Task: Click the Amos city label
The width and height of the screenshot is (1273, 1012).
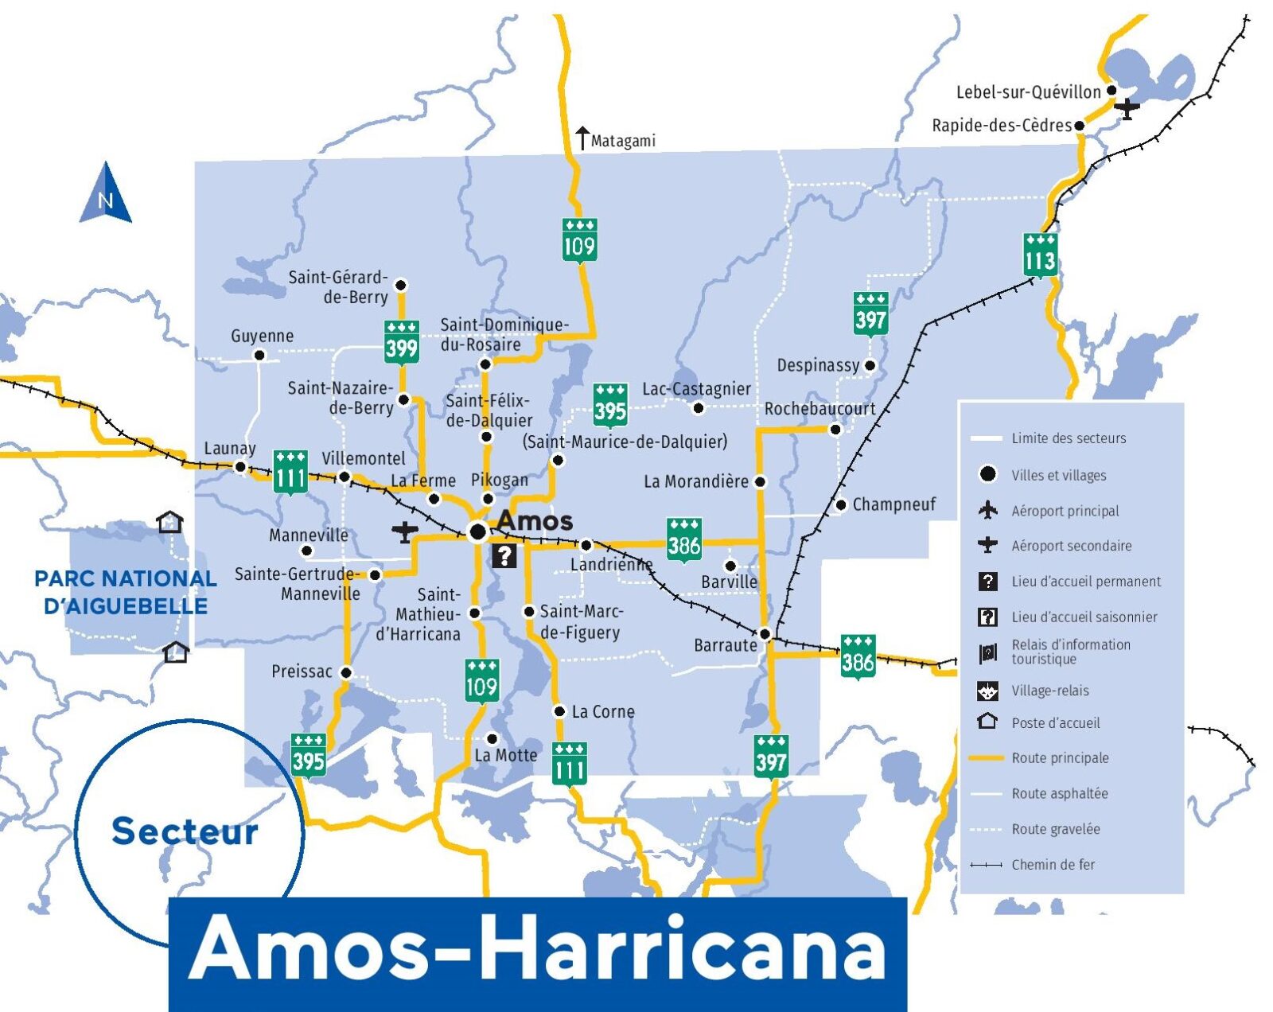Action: (x=535, y=521)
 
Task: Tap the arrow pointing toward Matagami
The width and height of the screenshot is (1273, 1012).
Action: (x=582, y=138)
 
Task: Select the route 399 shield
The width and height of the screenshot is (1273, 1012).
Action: (x=402, y=343)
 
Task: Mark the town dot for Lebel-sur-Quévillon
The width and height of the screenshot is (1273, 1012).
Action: (x=1111, y=91)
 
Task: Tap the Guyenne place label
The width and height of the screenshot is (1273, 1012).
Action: (x=262, y=336)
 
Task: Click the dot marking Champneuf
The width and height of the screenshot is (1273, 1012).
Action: (x=840, y=504)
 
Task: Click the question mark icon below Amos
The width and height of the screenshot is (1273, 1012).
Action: (x=504, y=555)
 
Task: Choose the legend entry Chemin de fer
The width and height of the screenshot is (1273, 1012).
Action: (x=1053, y=865)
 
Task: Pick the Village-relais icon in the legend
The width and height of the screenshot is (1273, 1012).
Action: (x=987, y=691)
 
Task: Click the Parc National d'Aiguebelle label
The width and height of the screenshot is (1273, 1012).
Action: (x=126, y=592)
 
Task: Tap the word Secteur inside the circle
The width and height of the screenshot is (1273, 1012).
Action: (x=185, y=831)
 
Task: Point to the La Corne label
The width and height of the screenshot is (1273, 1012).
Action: (x=603, y=712)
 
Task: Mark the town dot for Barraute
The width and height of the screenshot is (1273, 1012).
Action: (x=765, y=634)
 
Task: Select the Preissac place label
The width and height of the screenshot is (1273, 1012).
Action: (x=302, y=671)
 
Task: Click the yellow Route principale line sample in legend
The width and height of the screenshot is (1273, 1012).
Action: (x=987, y=758)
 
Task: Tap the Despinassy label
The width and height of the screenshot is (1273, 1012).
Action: (x=818, y=365)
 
